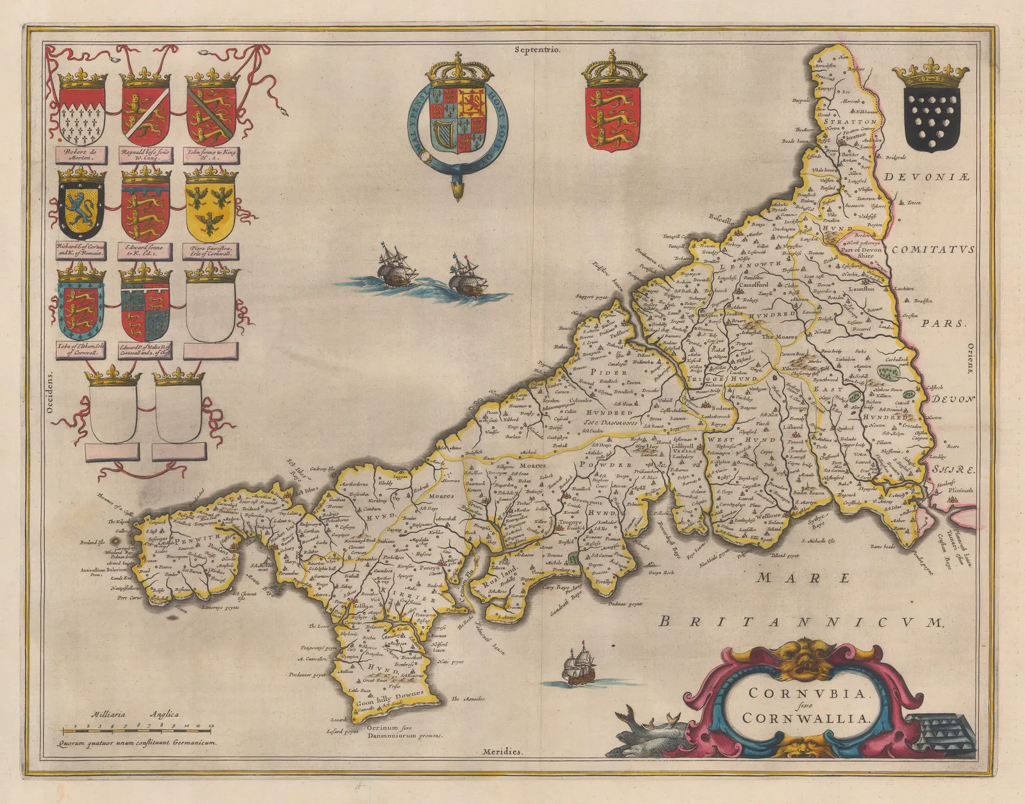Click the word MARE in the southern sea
pyautogui.click(x=803, y=578)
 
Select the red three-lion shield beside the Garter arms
pyautogui.click(x=611, y=119)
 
